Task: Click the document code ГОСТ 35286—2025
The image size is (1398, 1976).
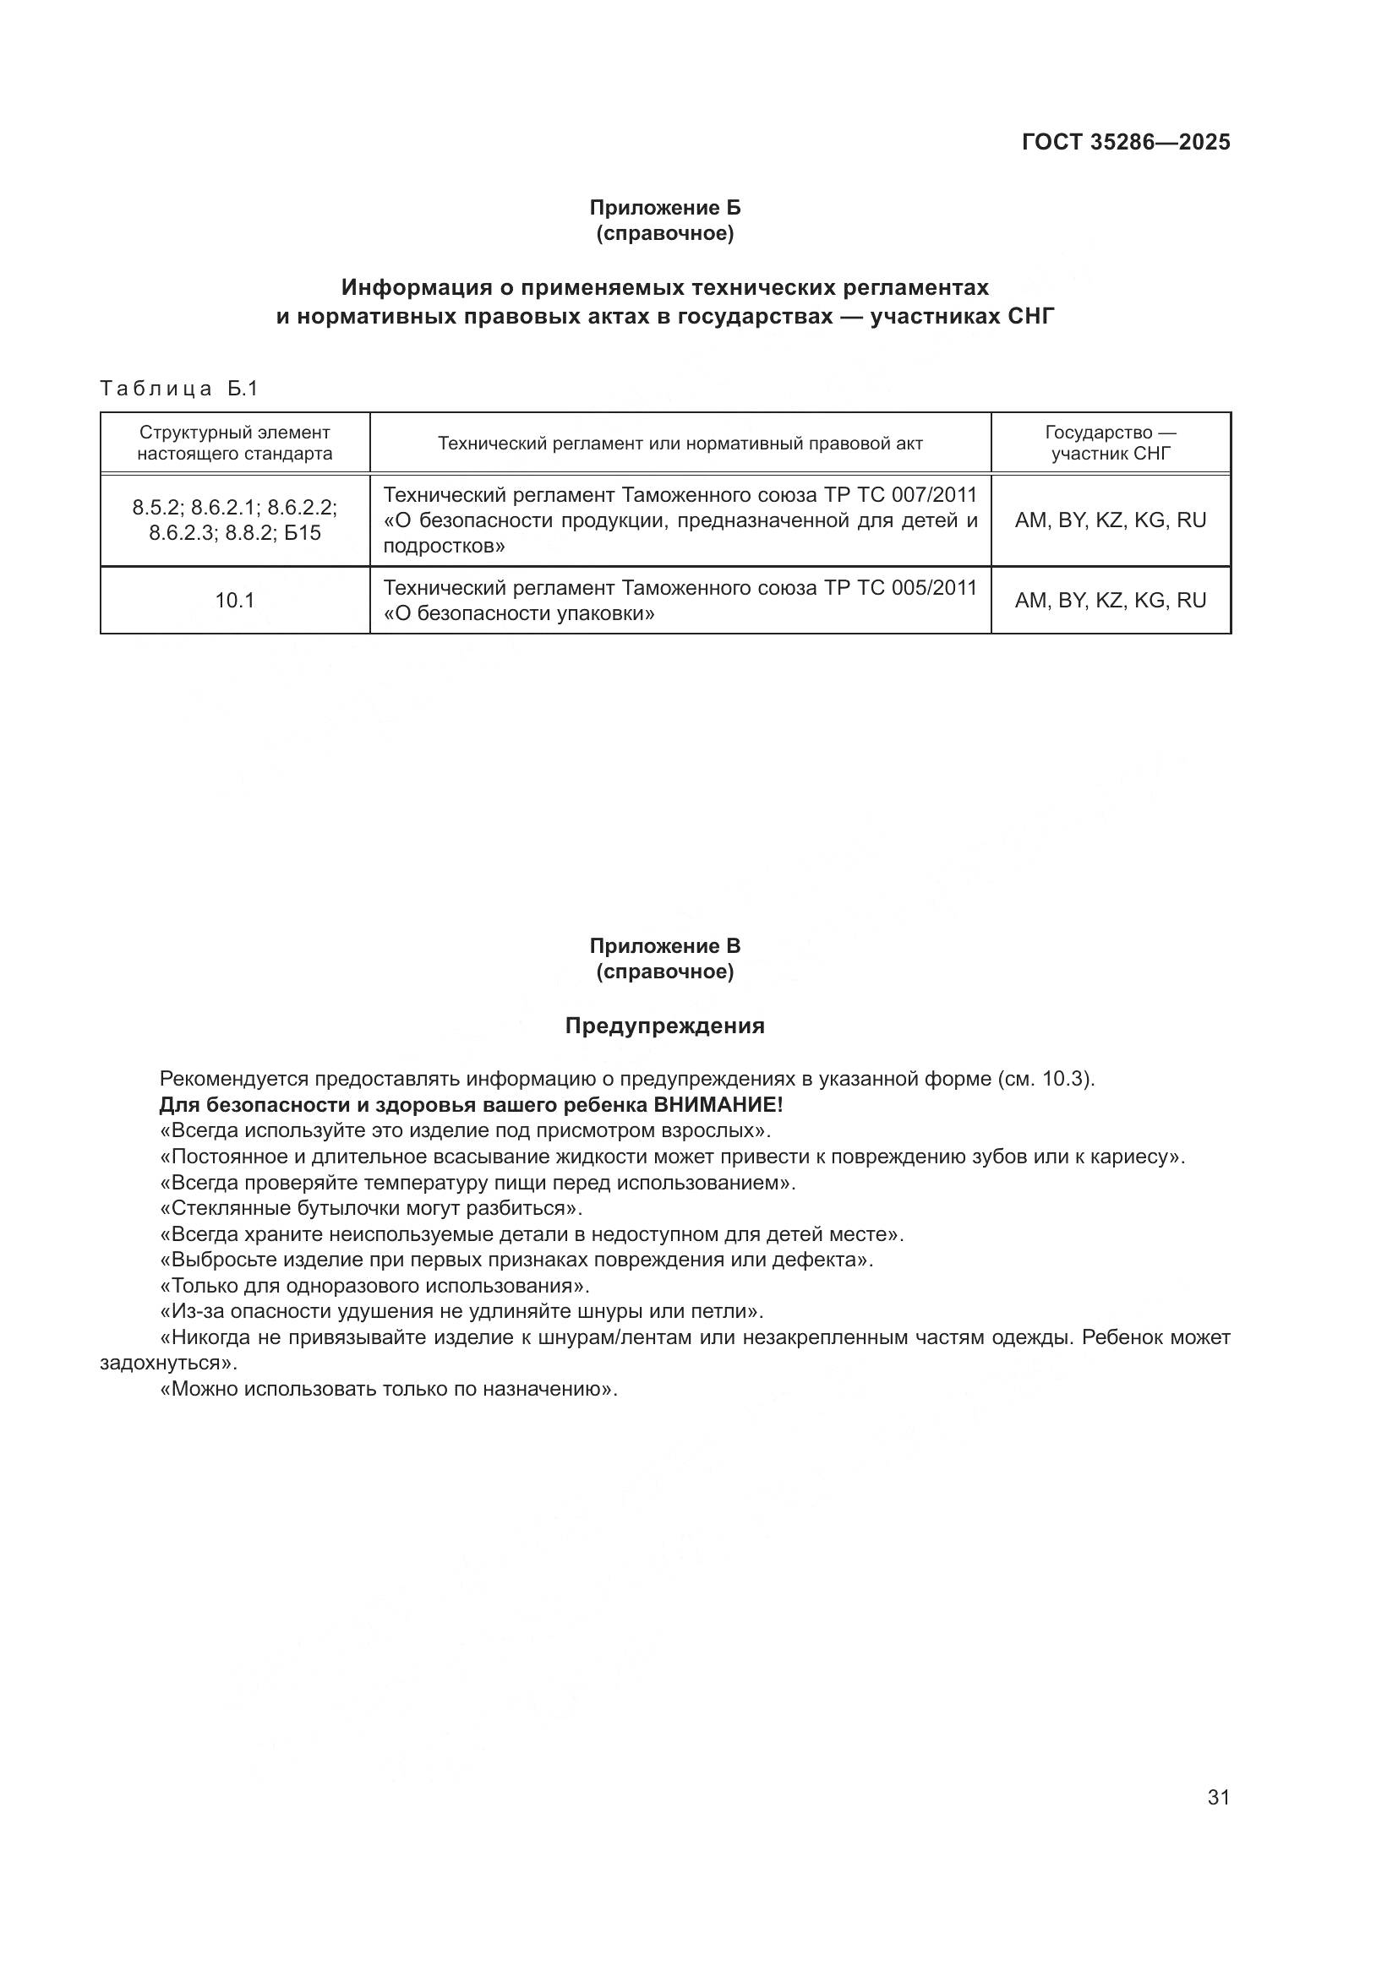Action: coord(1125,142)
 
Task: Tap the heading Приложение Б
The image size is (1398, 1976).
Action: coord(664,208)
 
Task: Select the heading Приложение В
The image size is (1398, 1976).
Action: coord(664,946)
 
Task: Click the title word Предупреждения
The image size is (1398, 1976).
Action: coord(664,1026)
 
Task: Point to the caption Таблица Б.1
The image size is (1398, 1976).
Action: coord(179,389)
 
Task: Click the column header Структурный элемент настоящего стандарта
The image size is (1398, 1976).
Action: coord(234,444)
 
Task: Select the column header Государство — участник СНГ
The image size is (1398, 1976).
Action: coord(1111,444)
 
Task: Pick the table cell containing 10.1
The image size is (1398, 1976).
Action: coord(234,601)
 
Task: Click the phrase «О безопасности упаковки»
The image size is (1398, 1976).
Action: coord(518,613)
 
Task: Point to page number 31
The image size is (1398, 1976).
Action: coord(1218,1797)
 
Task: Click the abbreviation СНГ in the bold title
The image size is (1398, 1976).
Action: coord(1030,317)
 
